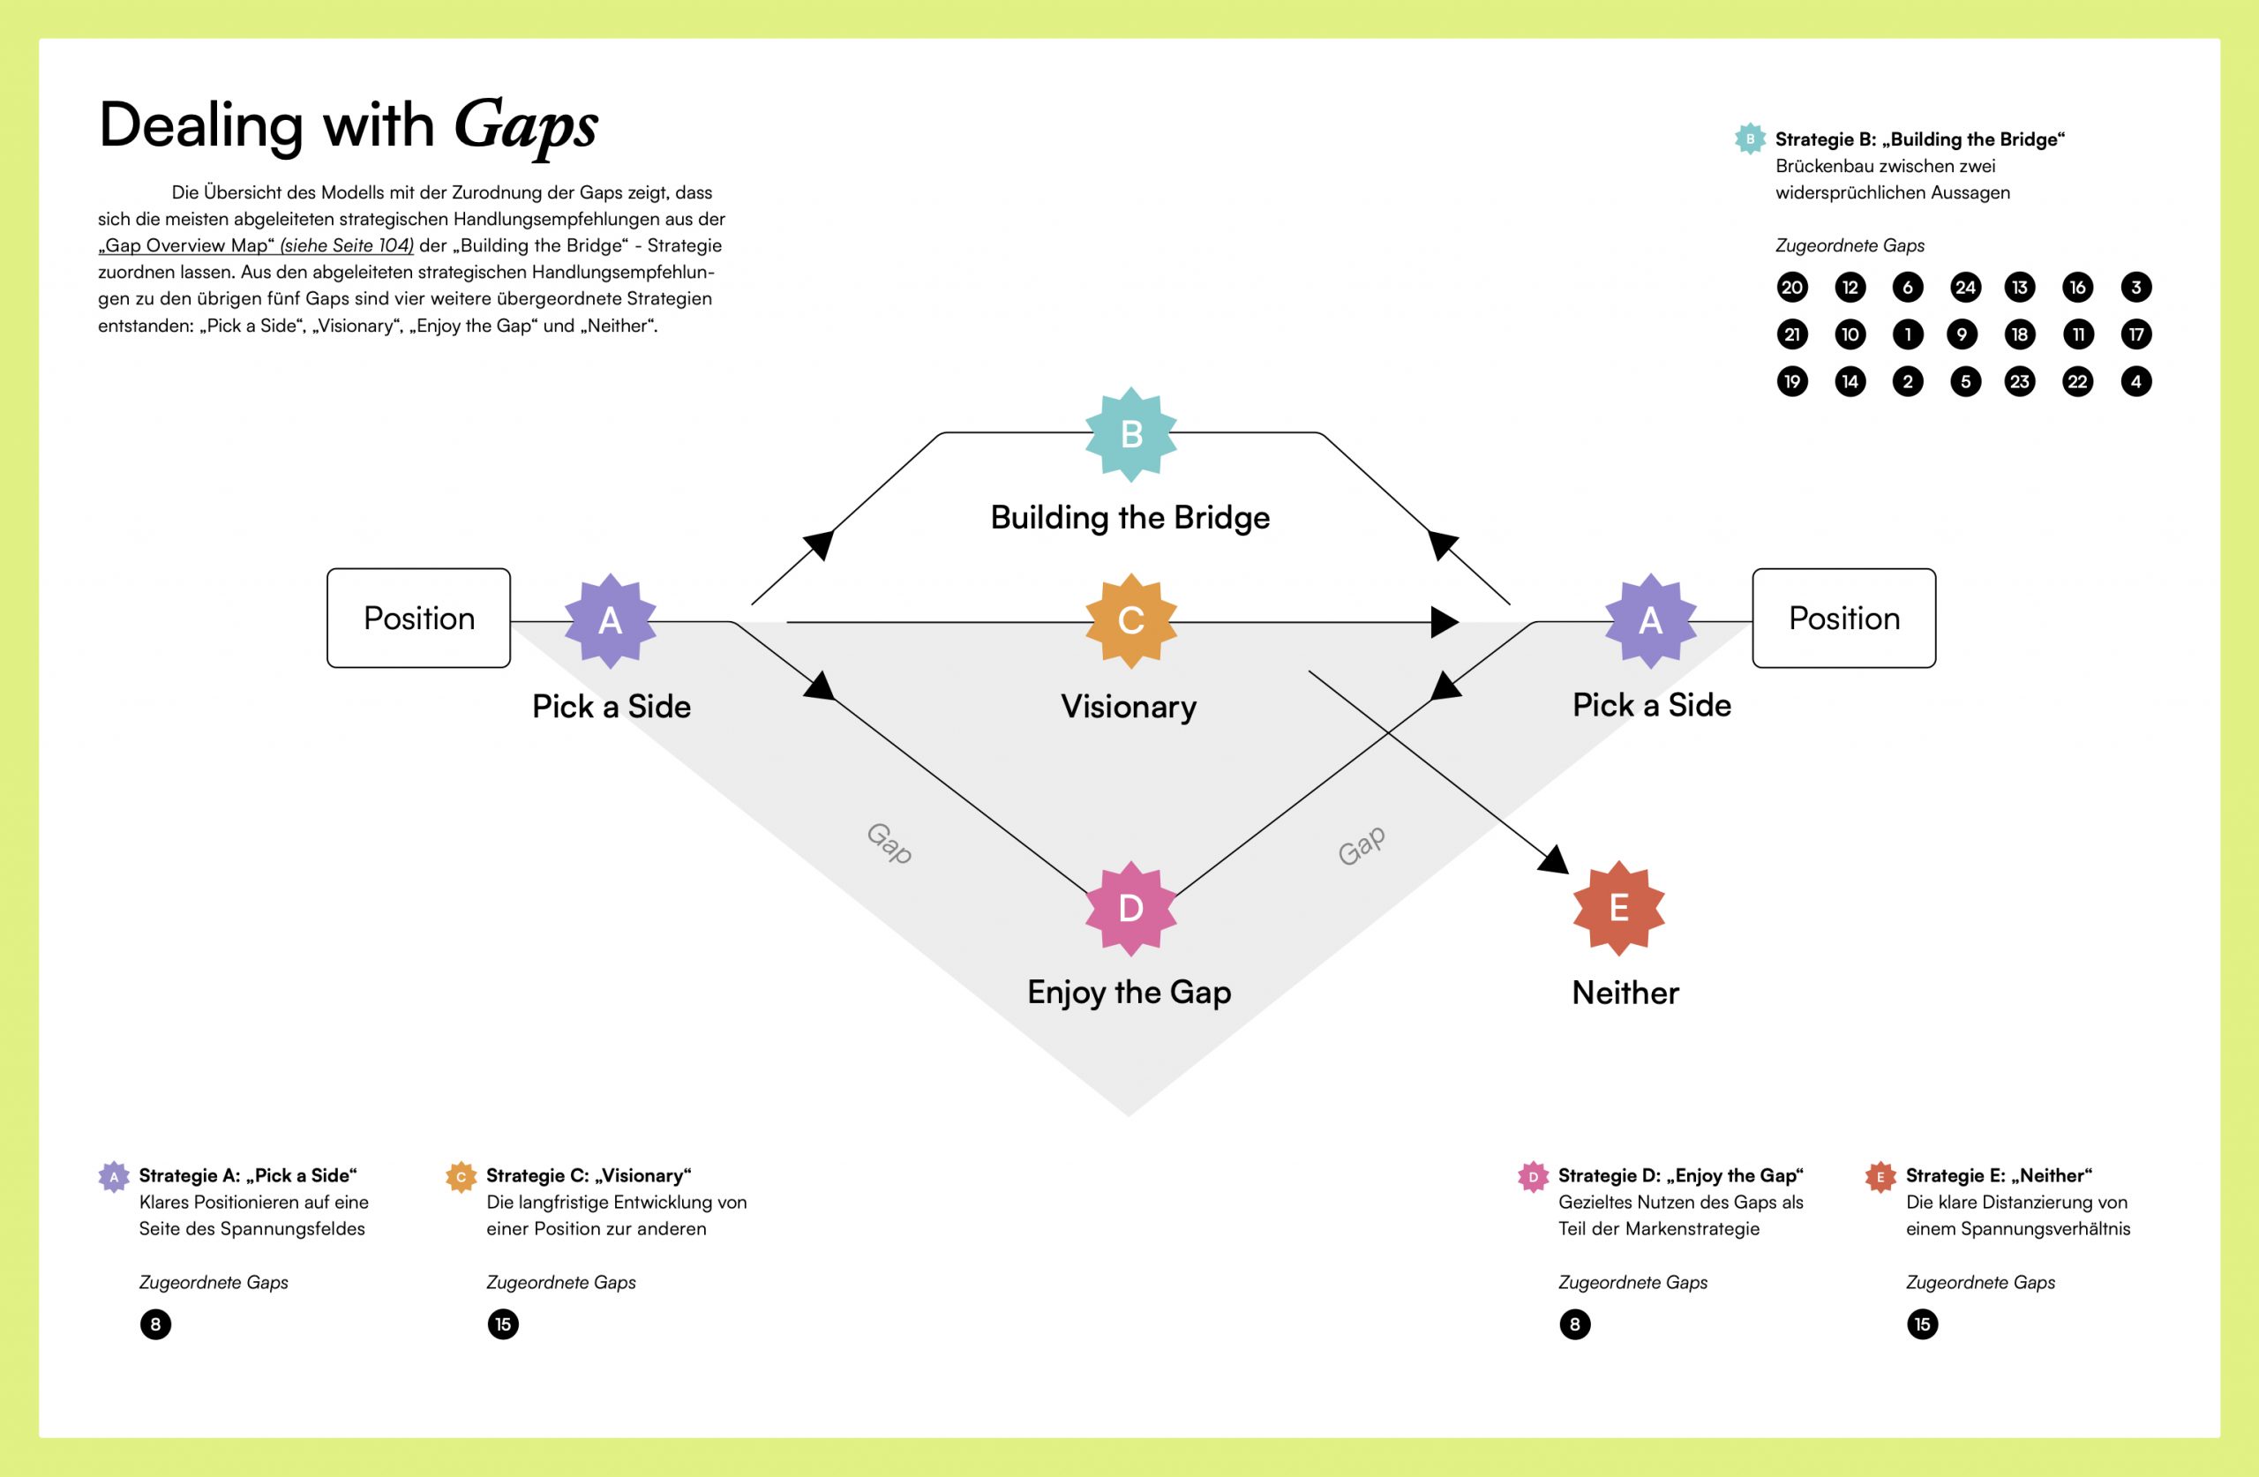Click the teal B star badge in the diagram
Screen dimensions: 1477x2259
click(1130, 434)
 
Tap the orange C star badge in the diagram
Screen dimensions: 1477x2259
click(1130, 621)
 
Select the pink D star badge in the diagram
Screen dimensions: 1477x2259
click(1130, 909)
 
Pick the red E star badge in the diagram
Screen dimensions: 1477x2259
click(1618, 909)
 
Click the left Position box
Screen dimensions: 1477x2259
click(418, 618)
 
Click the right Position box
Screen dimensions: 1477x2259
click(1843, 618)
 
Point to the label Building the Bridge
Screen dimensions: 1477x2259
click(1129, 517)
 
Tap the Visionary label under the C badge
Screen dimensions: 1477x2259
click(1129, 706)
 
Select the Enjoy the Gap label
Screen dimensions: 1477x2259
click(1129, 992)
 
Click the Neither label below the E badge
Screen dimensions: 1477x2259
click(1625, 993)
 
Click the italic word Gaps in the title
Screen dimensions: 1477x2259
click(526, 126)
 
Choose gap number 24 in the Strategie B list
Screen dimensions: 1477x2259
click(1965, 288)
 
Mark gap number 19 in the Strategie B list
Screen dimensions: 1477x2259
click(1792, 381)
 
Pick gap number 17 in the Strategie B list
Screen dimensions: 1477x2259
click(2135, 334)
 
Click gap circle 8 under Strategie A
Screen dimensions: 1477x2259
click(155, 1324)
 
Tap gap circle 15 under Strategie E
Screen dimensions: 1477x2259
click(1922, 1324)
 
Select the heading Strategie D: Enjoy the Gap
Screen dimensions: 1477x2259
click(1680, 1175)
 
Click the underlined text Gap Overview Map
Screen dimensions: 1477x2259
click(186, 245)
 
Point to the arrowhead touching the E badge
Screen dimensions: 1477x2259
click(1554, 860)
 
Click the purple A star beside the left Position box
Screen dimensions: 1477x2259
click(611, 621)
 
